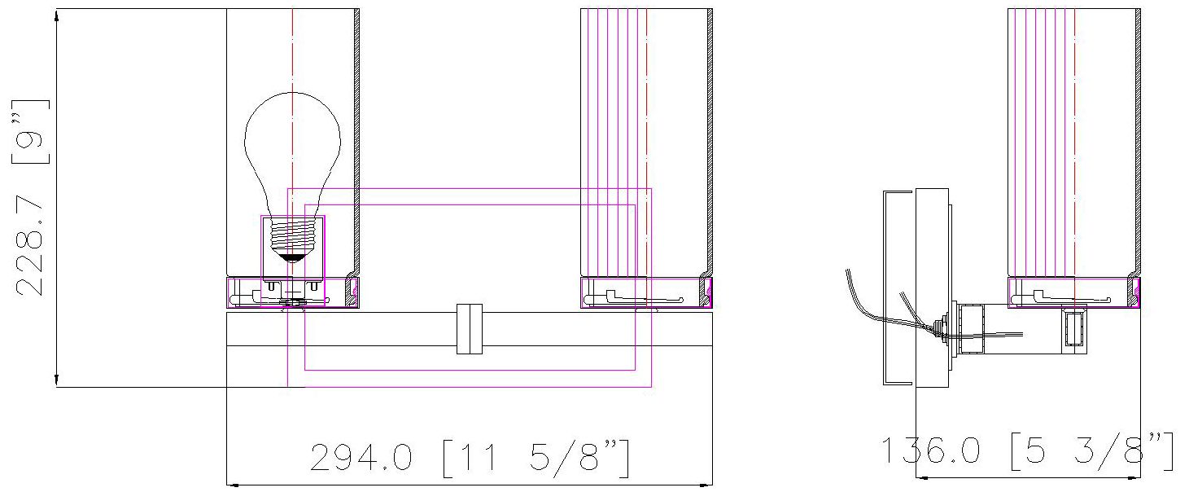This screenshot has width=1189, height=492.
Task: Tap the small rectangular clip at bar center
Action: (470, 329)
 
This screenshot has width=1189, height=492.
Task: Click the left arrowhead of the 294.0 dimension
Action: (231, 484)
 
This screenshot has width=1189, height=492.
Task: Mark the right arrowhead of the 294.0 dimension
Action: (707, 484)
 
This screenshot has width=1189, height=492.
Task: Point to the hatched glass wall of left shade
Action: (357, 138)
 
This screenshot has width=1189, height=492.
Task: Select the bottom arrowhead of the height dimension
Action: (56, 380)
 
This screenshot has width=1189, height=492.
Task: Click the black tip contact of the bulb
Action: (292, 257)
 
